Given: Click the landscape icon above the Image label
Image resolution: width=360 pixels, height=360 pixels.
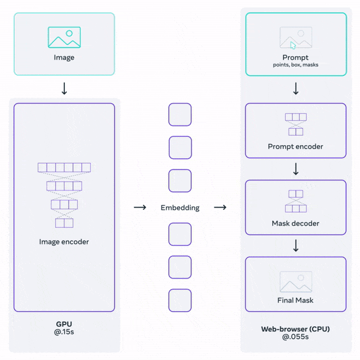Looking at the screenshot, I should coord(64,37).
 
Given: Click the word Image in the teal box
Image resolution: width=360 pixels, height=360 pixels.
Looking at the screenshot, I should coord(64,57).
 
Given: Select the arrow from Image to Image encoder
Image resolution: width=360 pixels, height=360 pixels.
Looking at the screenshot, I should coord(64,88).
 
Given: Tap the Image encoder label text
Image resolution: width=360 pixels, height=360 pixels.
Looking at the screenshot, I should coord(64,242).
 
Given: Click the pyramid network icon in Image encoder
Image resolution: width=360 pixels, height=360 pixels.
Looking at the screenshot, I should coord(64,195).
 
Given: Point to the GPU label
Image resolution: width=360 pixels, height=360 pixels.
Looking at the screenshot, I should coord(64,324).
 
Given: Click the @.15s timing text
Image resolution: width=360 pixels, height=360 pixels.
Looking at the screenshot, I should coord(64,333).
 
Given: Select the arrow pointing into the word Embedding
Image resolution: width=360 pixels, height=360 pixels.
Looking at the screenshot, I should coord(140,208).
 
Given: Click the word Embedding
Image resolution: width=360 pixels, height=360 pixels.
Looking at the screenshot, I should coord(180,208).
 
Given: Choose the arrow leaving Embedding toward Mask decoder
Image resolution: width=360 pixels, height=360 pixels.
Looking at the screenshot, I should coord(220,208).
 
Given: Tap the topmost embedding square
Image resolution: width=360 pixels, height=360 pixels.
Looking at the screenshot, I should coord(180,115).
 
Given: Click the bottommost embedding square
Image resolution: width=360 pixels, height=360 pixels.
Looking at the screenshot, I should coord(180,300).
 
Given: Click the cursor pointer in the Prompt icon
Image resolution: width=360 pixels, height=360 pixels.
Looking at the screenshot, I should coord(292,45).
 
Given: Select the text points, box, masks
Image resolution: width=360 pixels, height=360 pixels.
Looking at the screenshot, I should coord(295,65).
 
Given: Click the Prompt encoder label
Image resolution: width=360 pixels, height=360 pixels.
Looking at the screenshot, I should coord(295,147).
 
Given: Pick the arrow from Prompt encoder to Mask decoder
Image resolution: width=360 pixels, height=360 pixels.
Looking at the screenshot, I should coord(295,169).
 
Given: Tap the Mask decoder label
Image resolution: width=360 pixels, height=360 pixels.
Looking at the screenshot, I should coord(295,223).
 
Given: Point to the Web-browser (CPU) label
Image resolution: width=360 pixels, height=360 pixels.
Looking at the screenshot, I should coord(295,329).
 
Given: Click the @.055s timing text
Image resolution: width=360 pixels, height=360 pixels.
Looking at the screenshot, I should coord(295,338).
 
